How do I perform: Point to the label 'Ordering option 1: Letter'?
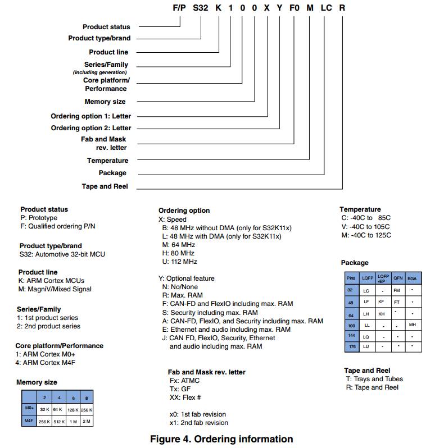pos(91,116)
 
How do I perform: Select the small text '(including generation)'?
pos(99,72)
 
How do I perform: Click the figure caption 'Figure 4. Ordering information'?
pos(221,439)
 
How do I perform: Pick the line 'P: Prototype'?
pos(39,218)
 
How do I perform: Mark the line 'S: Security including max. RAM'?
pos(210,313)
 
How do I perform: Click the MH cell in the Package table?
pos(413,325)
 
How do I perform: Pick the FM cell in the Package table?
pos(397,290)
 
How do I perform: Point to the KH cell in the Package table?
pos(382,314)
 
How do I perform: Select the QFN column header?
pos(397,278)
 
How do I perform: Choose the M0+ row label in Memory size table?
pos(30,409)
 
